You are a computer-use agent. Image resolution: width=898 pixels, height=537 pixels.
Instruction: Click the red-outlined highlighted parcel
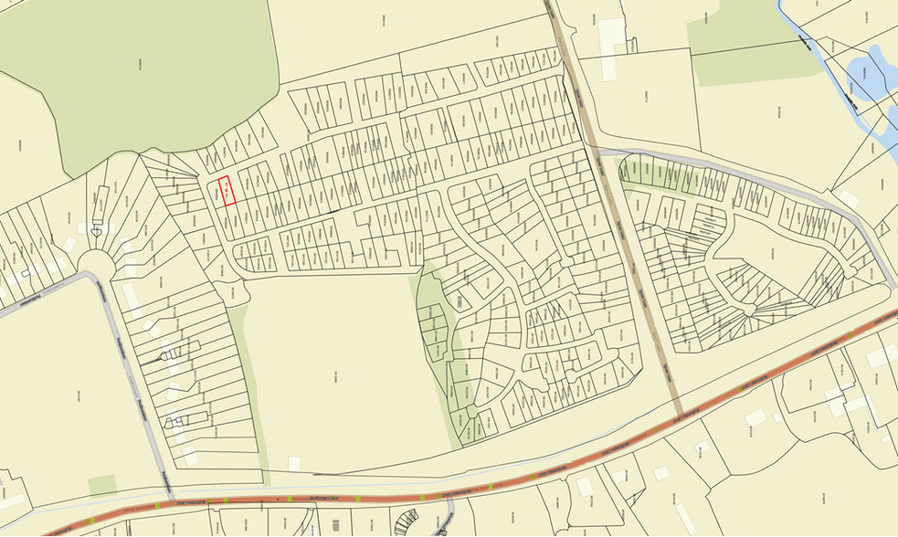point(226,192)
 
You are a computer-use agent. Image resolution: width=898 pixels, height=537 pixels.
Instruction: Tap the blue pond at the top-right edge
point(868,78)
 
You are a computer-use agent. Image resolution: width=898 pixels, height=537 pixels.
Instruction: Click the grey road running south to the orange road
point(137,384)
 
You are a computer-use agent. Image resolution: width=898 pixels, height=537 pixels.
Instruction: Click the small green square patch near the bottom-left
point(102,485)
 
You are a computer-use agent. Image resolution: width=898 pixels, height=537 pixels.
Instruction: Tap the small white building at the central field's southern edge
point(295,464)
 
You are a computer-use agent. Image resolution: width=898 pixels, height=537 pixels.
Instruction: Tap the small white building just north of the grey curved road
point(847,197)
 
